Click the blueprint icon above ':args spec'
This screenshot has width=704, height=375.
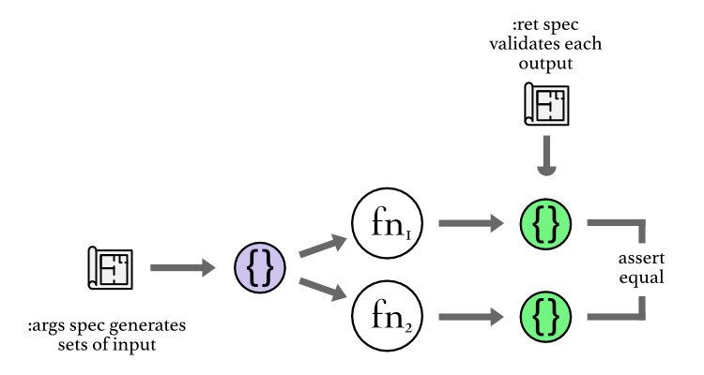[109, 269]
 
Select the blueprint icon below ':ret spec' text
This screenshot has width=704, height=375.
[545, 104]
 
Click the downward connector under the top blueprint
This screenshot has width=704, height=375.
[545, 158]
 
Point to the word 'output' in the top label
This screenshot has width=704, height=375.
[544, 64]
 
